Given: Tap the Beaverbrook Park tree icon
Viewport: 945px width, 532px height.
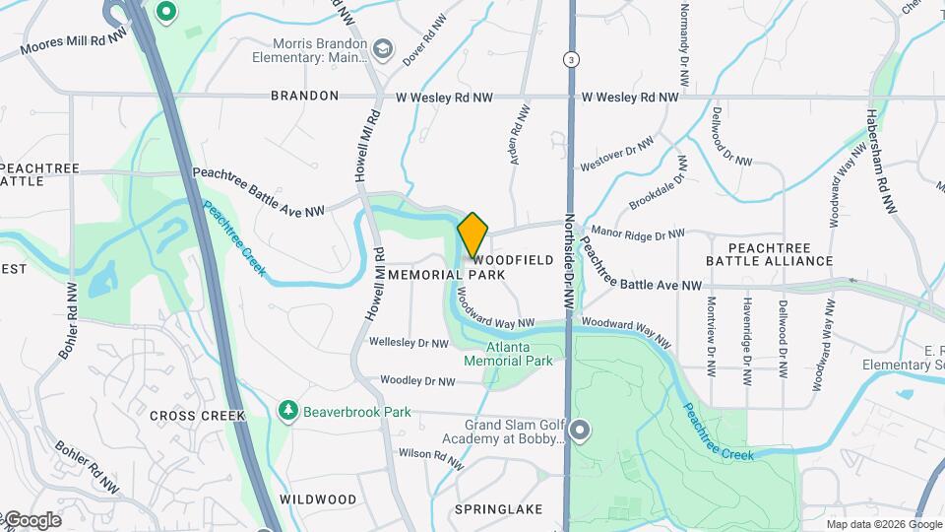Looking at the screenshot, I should coord(287,409).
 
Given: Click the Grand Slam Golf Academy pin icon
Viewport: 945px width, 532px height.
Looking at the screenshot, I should coord(581,431).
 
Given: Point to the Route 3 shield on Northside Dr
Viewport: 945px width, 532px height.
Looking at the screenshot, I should coord(571,60).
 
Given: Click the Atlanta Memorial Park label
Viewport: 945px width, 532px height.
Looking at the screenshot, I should coord(520,355).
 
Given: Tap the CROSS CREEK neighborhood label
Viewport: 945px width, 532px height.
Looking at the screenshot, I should coord(197,416).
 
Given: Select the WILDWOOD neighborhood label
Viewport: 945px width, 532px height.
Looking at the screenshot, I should coord(318,499).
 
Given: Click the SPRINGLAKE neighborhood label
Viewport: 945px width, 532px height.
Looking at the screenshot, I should coord(499,509).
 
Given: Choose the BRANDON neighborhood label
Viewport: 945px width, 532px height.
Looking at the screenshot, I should coord(305,96).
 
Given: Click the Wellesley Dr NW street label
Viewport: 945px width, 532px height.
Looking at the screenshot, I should coord(409,343).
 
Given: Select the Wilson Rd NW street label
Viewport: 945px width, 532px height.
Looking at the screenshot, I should coord(429,457).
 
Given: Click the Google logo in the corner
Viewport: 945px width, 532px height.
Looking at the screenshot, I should coord(31,520).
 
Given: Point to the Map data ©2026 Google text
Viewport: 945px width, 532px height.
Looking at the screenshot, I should coord(883,524).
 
